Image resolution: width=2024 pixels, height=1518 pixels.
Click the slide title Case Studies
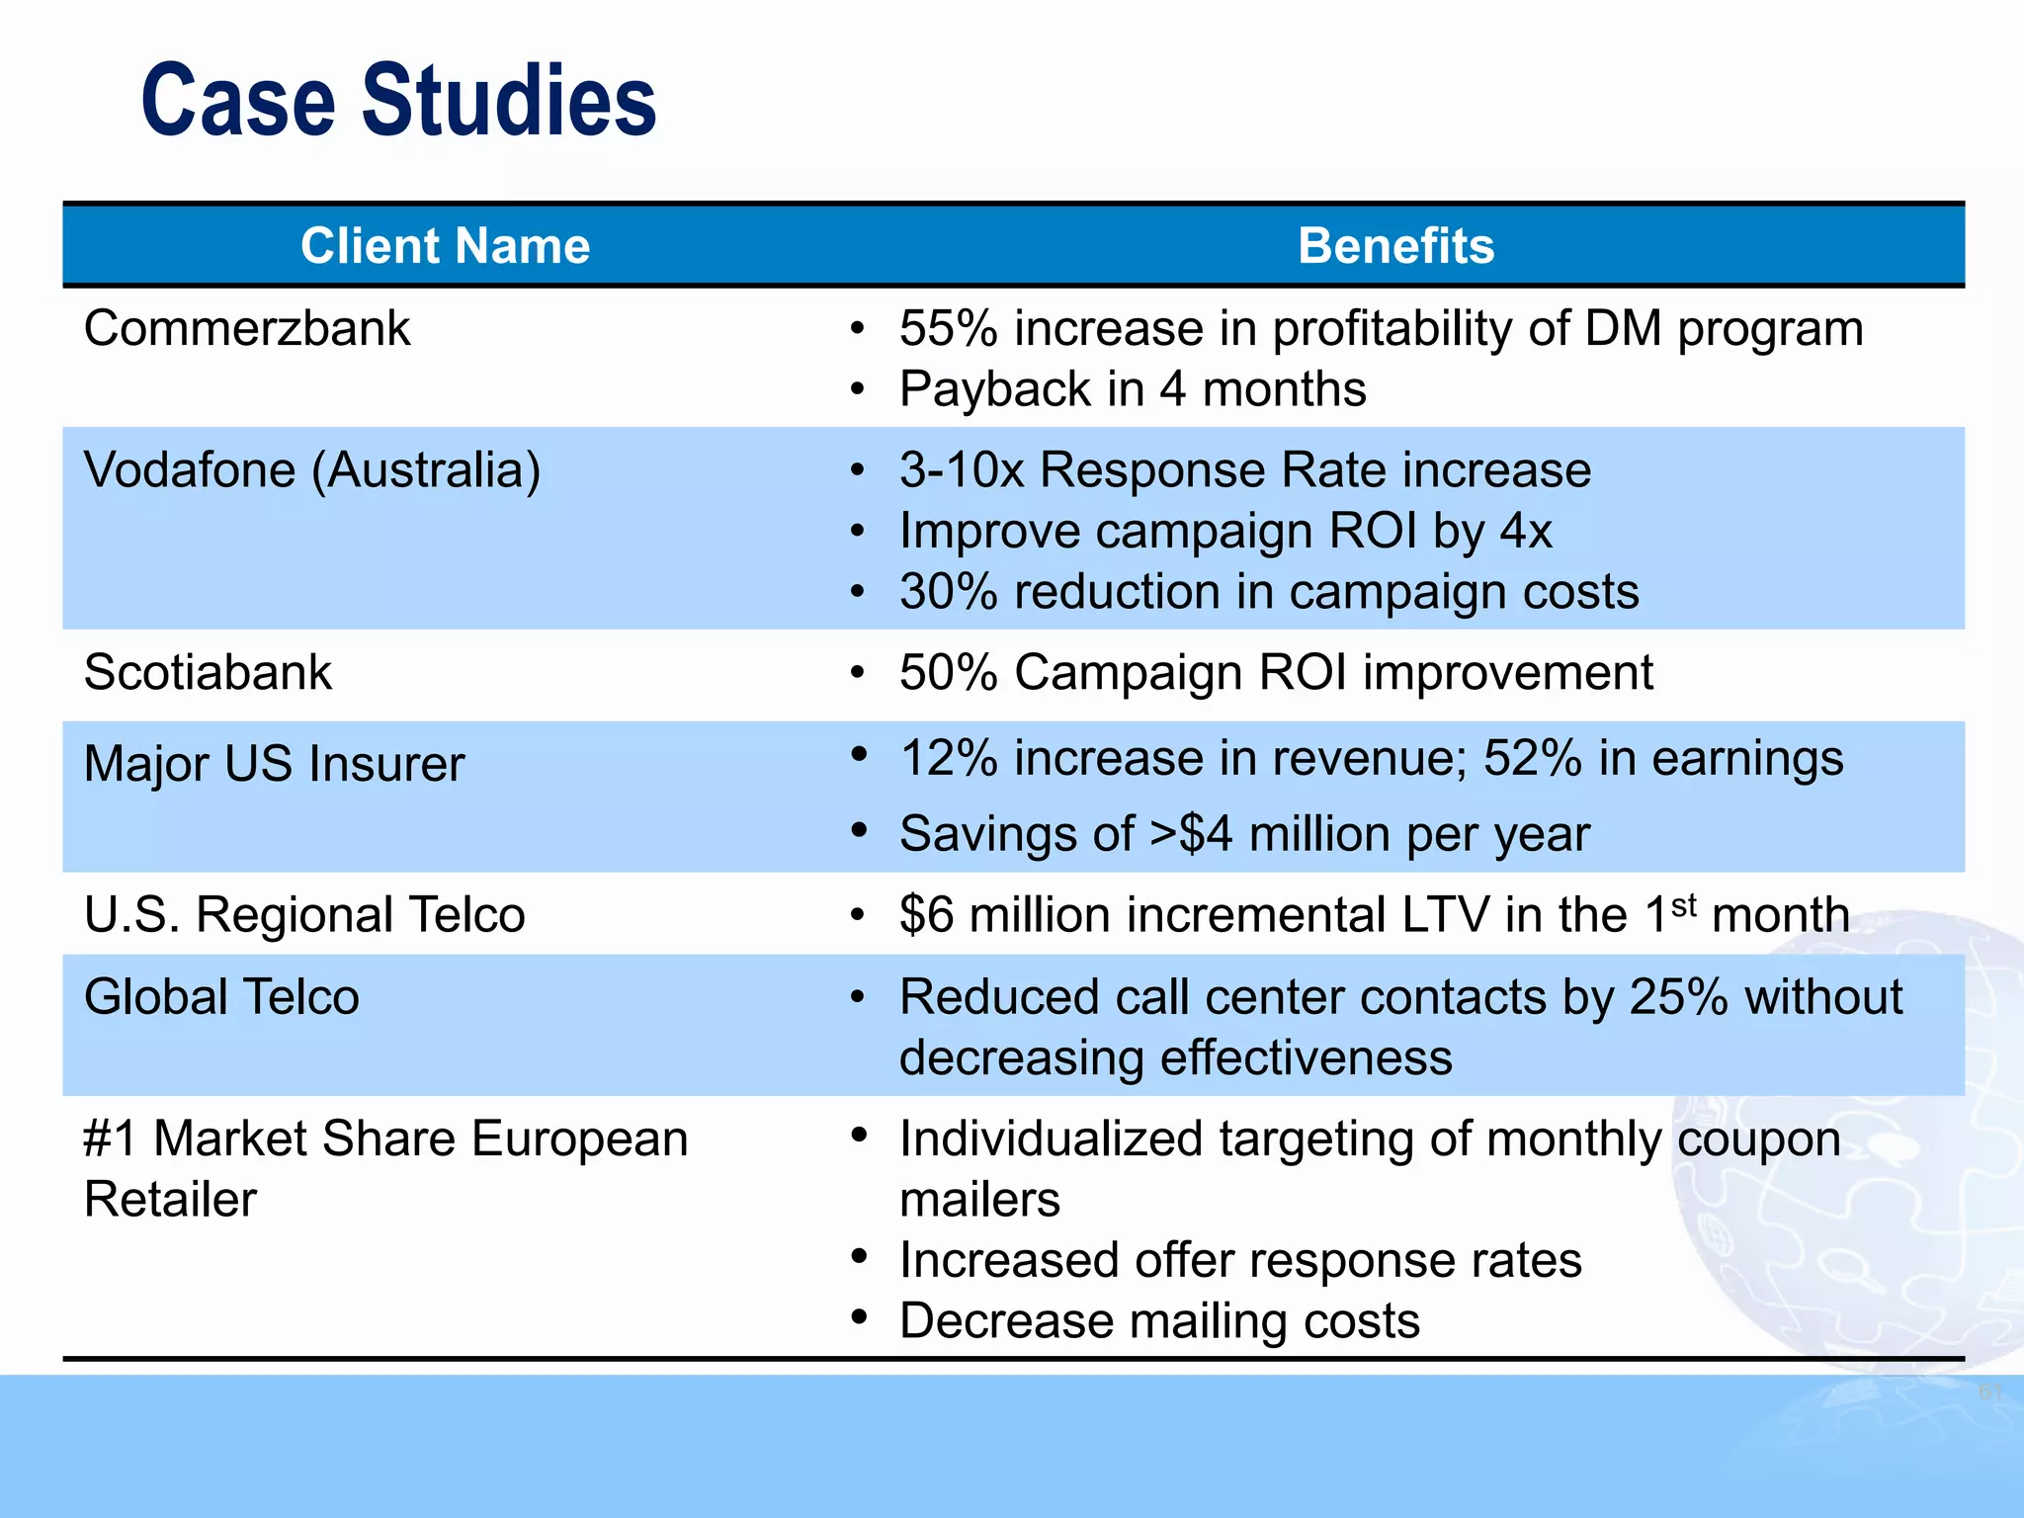tap(398, 100)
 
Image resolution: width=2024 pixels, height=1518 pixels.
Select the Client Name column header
tap(445, 246)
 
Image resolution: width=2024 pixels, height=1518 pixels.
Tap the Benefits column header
tap(1395, 246)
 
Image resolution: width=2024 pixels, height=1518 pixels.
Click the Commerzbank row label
tap(247, 328)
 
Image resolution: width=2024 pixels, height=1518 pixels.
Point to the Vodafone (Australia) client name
tap(312, 470)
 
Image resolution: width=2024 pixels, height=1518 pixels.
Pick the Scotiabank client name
tap(208, 673)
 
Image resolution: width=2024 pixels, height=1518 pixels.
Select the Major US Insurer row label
tap(274, 764)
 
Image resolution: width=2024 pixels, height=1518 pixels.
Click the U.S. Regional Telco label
tap(304, 915)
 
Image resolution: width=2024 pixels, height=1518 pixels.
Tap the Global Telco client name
tap(221, 997)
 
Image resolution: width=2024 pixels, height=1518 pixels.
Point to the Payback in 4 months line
tap(1133, 389)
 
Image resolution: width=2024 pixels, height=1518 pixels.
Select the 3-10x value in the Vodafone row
tap(962, 470)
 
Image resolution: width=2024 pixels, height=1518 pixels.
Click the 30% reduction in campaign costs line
tap(1269, 592)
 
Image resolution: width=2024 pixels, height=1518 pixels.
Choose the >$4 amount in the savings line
tap(1191, 834)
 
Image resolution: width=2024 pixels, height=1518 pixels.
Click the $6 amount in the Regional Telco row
tap(926, 915)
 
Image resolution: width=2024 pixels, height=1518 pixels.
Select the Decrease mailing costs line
tap(1159, 1321)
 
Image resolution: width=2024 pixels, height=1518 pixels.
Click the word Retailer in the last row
tap(170, 1201)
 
